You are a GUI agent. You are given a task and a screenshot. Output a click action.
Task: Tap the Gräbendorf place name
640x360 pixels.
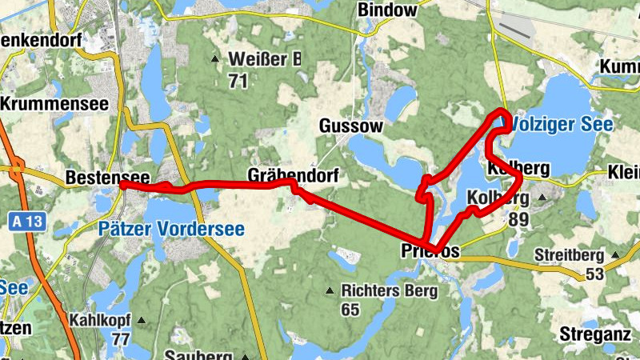pyautogui.click(x=294, y=175)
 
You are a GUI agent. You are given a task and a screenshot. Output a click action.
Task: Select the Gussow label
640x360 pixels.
pyautogui.click(x=351, y=126)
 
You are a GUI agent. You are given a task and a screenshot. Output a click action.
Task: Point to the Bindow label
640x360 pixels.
pyautogui.click(x=388, y=10)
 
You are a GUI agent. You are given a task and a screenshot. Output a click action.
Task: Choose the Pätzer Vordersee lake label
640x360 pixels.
pyautogui.click(x=171, y=230)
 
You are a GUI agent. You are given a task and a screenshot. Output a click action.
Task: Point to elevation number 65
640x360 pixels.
pyautogui.click(x=350, y=309)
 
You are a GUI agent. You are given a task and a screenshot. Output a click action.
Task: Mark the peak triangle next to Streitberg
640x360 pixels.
pyautogui.click(x=615, y=256)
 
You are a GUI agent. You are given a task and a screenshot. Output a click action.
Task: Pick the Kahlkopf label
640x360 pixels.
pyautogui.click(x=100, y=320)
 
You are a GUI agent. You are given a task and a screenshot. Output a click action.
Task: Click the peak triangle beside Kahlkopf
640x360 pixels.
pyautogui.click(x=142, y=320)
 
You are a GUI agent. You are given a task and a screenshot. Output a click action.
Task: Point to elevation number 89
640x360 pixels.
pyautogui.click(x=518, y=219)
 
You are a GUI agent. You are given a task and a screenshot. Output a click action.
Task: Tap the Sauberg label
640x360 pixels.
pyautogui.click(x=198, y=354)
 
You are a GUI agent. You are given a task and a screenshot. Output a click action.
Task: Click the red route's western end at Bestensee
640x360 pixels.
pyautogui.click(x=124, y=184)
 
